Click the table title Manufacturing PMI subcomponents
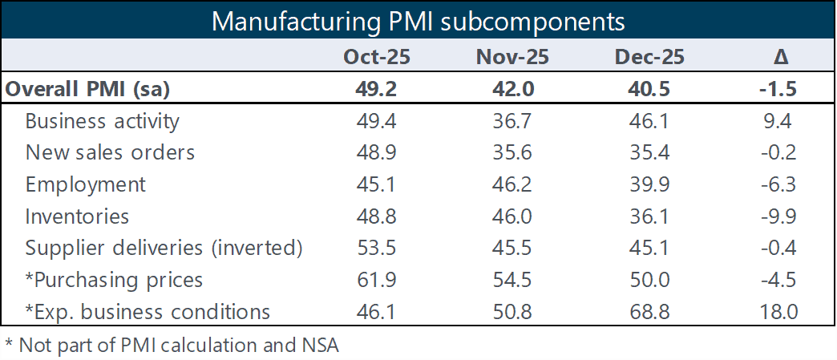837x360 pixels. [x=418, y=21]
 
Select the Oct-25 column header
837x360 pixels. [x=377, y=57]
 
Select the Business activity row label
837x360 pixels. [x=103, y=121]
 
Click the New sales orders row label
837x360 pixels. [x=110, y=152]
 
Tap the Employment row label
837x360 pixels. [x=86, y=184]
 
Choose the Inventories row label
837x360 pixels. [x=77, y=216]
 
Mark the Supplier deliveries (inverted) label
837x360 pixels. [x=164, y=248]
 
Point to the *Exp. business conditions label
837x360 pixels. [x=148, y=311]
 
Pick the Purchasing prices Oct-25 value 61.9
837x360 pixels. [x=377, y=280]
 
